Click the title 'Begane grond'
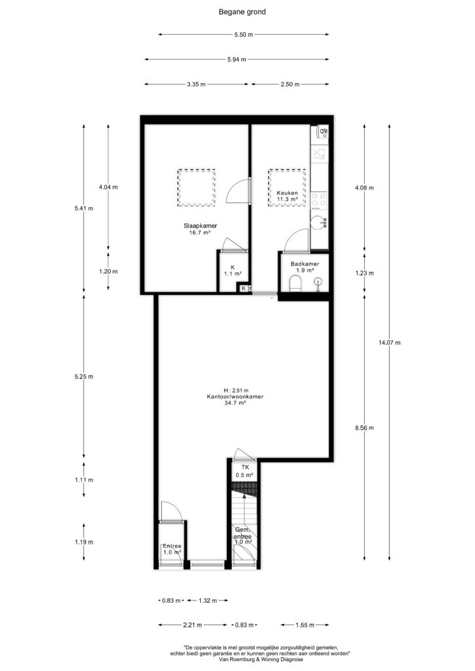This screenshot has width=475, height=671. tap(242, 12)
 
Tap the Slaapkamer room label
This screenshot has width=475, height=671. tap(200, 226)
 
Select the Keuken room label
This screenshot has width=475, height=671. tap(287, 193)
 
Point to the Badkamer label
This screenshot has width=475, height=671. tap(304, 264)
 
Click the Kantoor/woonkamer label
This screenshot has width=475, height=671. tap(235, 396)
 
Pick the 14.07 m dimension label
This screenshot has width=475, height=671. tap(390, 342)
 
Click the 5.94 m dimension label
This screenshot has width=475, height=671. tap(237, 60)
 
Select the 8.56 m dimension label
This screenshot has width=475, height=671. tap(365, 427)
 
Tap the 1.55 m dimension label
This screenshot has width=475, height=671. tap(305, 625)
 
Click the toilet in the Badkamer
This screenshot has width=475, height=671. tap(295, 283)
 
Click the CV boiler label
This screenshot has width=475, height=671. tap(324, 131)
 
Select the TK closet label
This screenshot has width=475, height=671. tap(245, 467)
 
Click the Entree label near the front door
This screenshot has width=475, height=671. tap(172, 546)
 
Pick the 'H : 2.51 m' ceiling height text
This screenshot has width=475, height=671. tap(236, 391)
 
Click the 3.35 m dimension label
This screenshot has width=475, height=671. tap(196, 85)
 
